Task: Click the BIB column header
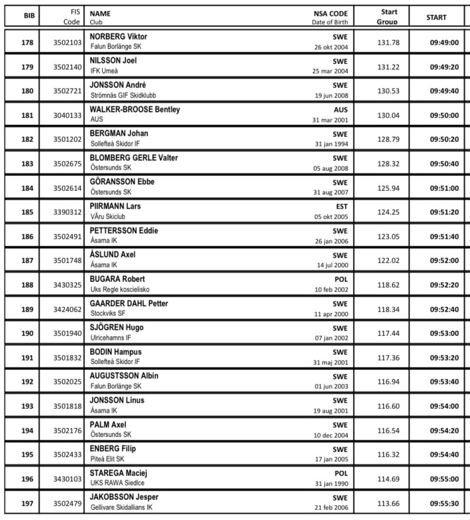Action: (29, 17)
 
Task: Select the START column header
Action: (436, 18)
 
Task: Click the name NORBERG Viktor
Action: (119, 36)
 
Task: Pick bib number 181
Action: (28, 116)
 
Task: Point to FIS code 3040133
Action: (67, 116)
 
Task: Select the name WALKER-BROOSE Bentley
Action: (135, 109)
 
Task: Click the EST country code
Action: (341, 206)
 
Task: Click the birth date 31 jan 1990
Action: (331, 484)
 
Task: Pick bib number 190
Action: (28, 333)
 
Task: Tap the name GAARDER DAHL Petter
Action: (129, 303)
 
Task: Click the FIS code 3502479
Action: (67, 504)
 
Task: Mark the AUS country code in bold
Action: (340, 109)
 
